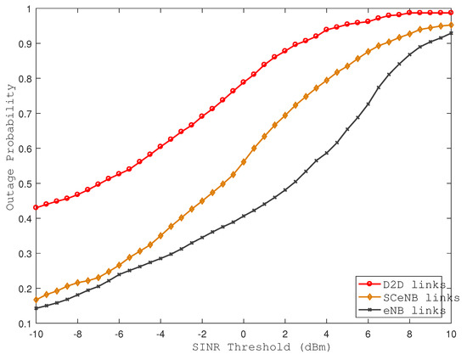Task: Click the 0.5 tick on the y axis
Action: pyautogui.click(x=21, y=183)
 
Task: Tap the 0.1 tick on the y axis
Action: pyautogui.click(x=21, y=323)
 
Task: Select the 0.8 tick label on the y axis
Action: pyautogui.click(x=21, y=79)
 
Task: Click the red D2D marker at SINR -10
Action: pyautogui.click(x=36, y=207)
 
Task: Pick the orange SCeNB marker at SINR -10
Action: pyautogui.click(x=36, y=300)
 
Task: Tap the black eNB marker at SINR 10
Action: pyautogui.click(x=450, y=33)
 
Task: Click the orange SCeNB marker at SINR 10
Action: pyautogui.click(x=450, y=25)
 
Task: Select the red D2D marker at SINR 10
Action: pyautogui.click(x=450, y=13)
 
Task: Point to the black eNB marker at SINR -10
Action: pyautogui.click(x=36, y=308)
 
